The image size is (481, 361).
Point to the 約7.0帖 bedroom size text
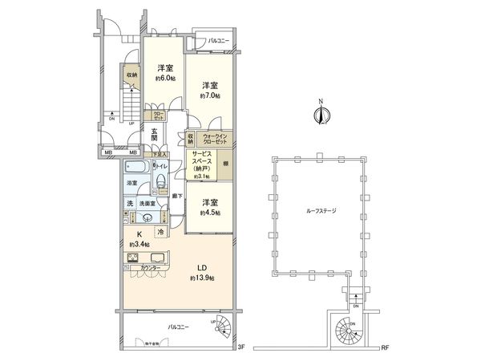click(x=209, y=95)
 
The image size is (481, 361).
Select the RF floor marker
click(x=385, y=347)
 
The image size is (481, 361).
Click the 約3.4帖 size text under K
click(x=132, y=244)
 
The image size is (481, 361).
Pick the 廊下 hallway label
click(x=176, y=195)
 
